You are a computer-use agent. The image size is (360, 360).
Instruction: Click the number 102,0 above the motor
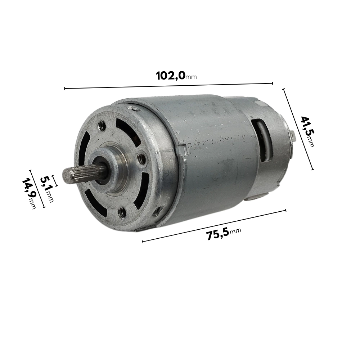point(170,75)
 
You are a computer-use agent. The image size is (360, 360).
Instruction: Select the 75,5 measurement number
point(218,234)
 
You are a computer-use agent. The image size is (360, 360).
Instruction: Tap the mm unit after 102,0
point(191,77)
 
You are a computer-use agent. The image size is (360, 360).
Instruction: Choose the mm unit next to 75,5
point(235,230)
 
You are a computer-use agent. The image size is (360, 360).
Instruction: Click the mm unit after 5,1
point(50,197)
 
